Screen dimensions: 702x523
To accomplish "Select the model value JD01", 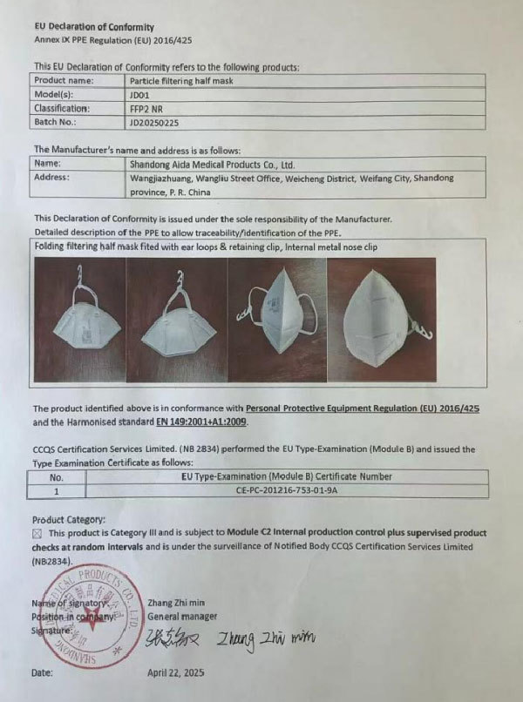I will coord(139,94).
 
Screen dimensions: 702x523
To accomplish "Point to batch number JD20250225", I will coord(159,124).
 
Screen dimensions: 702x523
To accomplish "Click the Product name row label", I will coord(65,80).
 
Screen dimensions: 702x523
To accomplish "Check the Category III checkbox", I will coord(37,532).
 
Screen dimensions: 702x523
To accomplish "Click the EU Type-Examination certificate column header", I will coord(285,476).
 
